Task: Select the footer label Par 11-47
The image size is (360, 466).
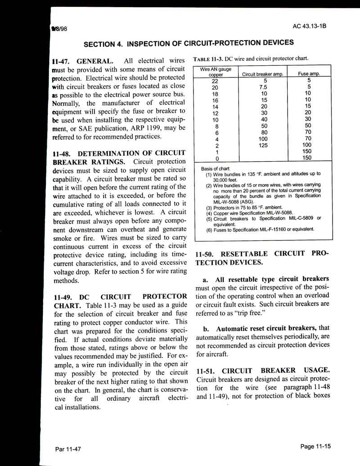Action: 68,449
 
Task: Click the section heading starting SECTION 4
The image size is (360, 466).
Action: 189,43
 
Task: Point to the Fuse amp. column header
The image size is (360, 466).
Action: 309,73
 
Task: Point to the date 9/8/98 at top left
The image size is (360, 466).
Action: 58,28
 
